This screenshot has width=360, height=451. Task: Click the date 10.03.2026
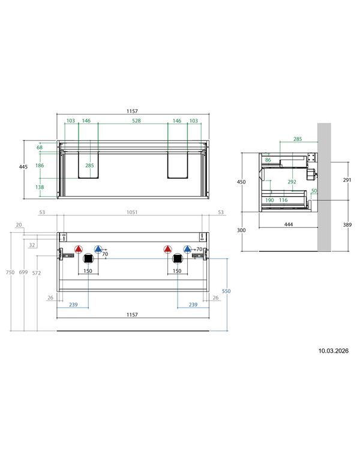(x=333, y=351)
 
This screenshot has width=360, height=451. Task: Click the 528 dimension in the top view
(x=136, y=121)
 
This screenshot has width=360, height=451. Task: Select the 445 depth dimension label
(x=23, y=167)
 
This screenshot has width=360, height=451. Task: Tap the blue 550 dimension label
(x=226, y=291)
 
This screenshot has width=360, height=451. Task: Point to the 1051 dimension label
(x=132, y=212)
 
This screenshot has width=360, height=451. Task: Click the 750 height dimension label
(x=10, y=272)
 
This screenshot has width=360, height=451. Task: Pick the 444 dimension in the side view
(x=289, y=224)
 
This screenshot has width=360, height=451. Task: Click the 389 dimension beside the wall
(x=347, y=225)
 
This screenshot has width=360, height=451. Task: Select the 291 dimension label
(x=347, y=180)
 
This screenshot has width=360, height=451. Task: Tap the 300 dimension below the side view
(x=241, y=230)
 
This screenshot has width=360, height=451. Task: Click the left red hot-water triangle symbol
(x=79, y=249)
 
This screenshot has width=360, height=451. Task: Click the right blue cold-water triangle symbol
(x=187, y=249)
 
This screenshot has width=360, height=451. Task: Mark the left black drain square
(x=88, y=258)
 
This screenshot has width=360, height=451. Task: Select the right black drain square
(x=177, y=258)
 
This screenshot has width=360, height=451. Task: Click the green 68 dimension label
(x=40, y=148)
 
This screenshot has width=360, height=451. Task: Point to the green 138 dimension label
(x=40, y=187)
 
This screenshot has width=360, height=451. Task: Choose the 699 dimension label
(x=23, y=272)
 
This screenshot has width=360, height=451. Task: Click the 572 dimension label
(x=37, y=273)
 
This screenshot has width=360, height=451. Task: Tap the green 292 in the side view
(x=292, y=182)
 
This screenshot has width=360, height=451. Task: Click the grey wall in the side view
(x=324, y=187)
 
